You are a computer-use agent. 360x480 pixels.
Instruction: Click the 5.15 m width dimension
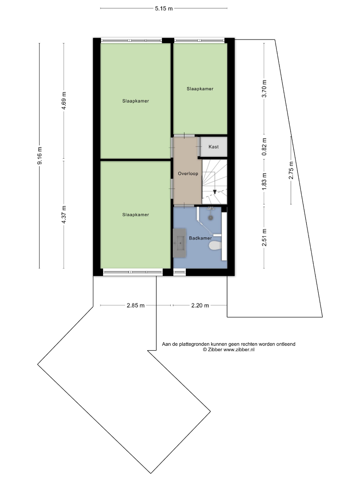pyautogui.click(x=164, y=8)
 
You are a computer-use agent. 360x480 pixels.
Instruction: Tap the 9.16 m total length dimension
pyautogui.click(x=40, y=156)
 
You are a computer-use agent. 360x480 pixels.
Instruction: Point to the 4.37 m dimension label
pyautogui.click(x=64, y=215)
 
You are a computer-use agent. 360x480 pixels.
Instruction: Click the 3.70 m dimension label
pyautogui.click(x=264, y=89)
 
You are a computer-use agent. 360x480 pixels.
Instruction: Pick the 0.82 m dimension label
pyautogui.click(x=264, y=146)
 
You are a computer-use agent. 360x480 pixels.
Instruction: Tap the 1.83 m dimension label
pyautogui.click(x=264, y=181)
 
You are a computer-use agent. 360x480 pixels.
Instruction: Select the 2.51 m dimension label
pyautogui.click(x=264, y=237)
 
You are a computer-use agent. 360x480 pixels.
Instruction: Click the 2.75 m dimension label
pyautogui.click(x=291, y=171)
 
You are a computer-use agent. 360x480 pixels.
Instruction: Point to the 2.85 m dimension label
pyautogui.click(x=136, y=305)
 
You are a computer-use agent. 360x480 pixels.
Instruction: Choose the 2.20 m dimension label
pyautogui.click(x=200, y=305)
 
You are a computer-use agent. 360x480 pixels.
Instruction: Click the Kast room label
pyautogui.click(x=214, y=147)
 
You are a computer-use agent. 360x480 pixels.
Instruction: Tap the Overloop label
pyautogui.click(x=188, y=174)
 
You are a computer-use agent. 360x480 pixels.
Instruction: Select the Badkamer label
pyautogui.click(x=200, y=238)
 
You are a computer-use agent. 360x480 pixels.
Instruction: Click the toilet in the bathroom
pyautogui.click(x=215, y=245)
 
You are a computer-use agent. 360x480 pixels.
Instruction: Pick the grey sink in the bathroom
pyautogui.click(x=180, y=243)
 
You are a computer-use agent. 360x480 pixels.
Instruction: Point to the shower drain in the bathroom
pyautogui.click(x=211, y=218)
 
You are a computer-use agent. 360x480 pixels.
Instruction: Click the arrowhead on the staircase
pyautogui.click(x=215, y=192)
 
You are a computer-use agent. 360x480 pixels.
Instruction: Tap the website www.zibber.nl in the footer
pyautogui.click(x=239, y=350)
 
